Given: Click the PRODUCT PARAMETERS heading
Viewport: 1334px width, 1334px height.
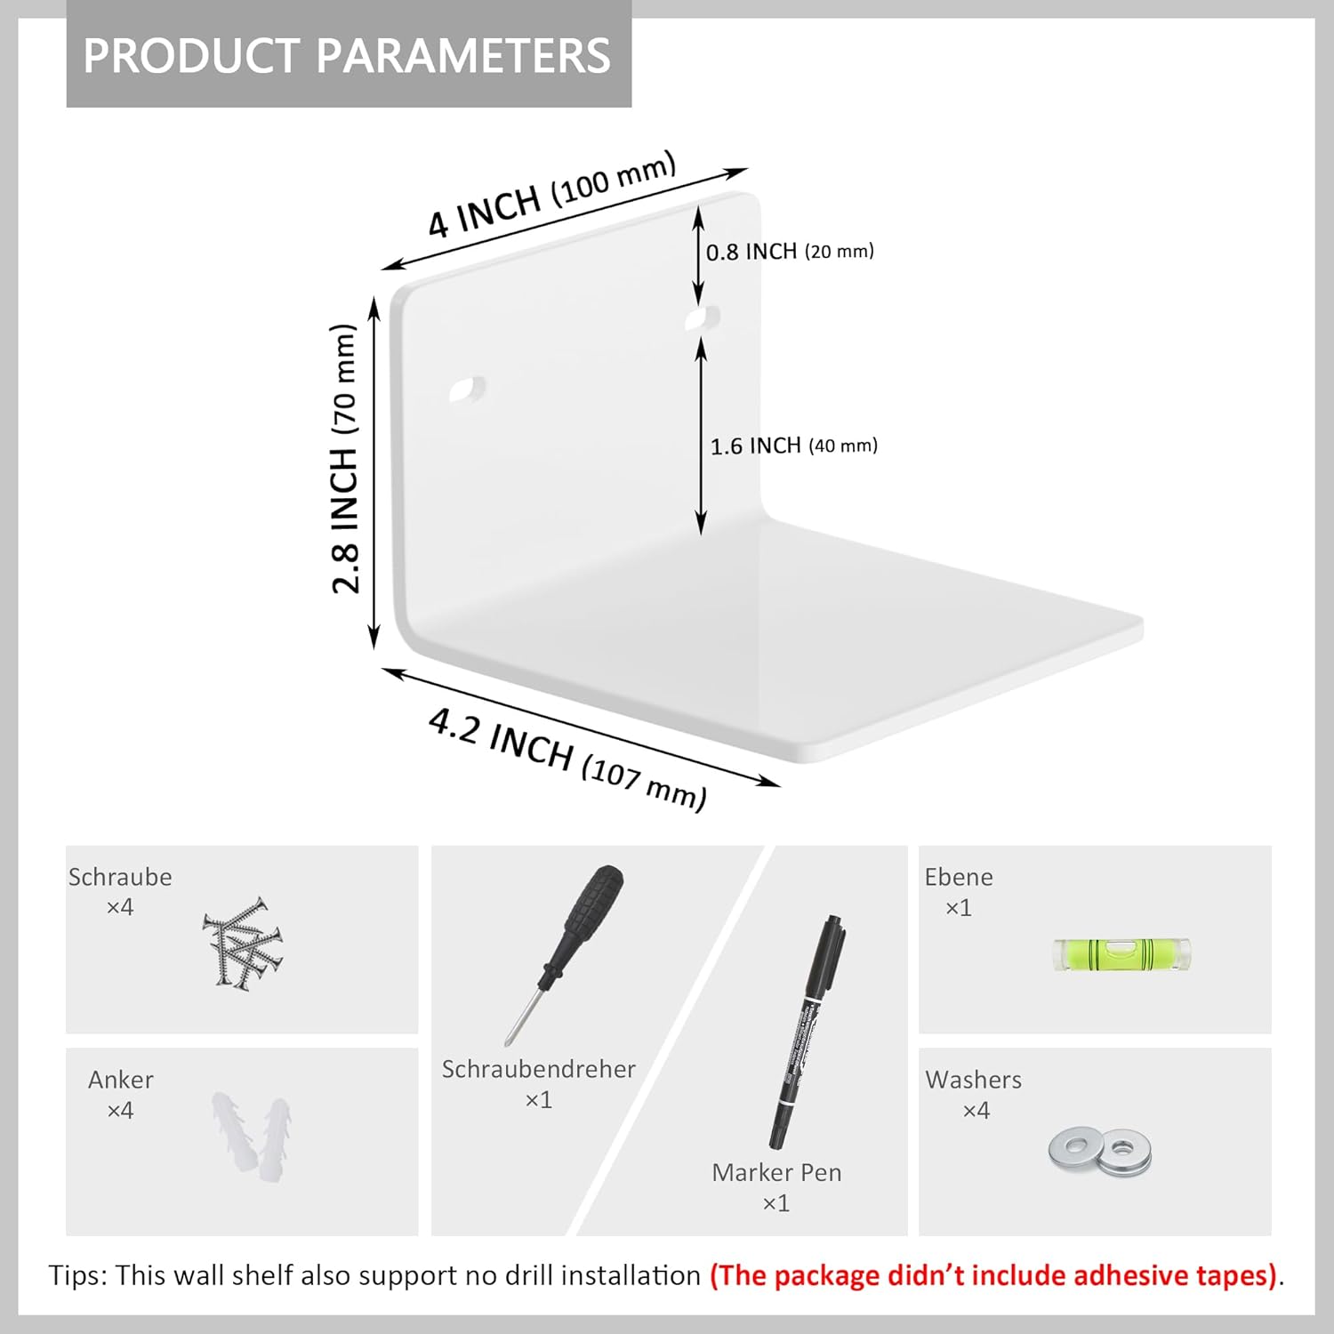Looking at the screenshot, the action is tap(347, 55).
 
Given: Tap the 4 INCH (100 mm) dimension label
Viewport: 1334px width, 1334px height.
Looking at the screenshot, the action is tap(552, 194).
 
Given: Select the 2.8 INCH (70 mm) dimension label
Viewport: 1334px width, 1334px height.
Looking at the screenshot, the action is tap(344, 458).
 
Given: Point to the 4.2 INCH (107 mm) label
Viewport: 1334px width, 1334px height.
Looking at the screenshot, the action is tap(567, 759).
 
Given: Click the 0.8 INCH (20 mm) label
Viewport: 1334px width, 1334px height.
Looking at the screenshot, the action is tap(790, 252).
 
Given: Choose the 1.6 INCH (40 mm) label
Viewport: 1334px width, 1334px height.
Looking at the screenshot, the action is tap(793, 446).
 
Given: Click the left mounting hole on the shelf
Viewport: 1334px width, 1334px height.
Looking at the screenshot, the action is tap(467, 390).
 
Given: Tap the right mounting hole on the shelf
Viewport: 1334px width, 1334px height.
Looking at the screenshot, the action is tap(703, 319).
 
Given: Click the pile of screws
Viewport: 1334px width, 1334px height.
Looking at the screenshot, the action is tap(242, 943).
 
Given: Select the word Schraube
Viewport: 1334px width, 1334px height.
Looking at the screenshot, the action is tap(120, 877).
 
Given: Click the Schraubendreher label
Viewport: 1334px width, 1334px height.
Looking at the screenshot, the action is tap(539, 1069).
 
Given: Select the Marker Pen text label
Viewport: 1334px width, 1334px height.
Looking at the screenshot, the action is tap(776, 1172).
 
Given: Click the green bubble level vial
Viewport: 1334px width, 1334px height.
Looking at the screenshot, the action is tap(1121, 954).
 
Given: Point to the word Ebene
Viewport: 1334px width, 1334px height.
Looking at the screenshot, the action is tap(959, 877).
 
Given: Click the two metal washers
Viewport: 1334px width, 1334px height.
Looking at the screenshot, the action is tap(1100, 1151).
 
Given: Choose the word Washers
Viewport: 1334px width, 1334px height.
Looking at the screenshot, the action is tap(974, 1080).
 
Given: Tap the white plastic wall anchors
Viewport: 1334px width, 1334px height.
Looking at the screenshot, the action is tap(252, 1137).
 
